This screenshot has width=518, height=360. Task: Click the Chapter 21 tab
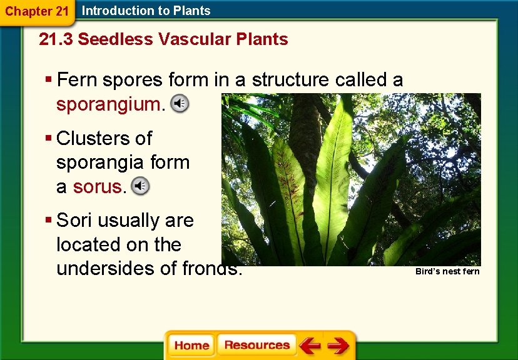coord(36,11)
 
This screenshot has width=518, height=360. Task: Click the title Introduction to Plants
coord(146,11)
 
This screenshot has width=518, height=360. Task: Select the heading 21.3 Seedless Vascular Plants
coord(163,39)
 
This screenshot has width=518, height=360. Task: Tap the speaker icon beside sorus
coord(141,186)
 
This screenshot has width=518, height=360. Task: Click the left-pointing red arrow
coord(310,345)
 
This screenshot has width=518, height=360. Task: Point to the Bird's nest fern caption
coord(447,271)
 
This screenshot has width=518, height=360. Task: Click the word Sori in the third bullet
coord(76,221)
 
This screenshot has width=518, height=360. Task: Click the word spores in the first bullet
coord(133,80)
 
